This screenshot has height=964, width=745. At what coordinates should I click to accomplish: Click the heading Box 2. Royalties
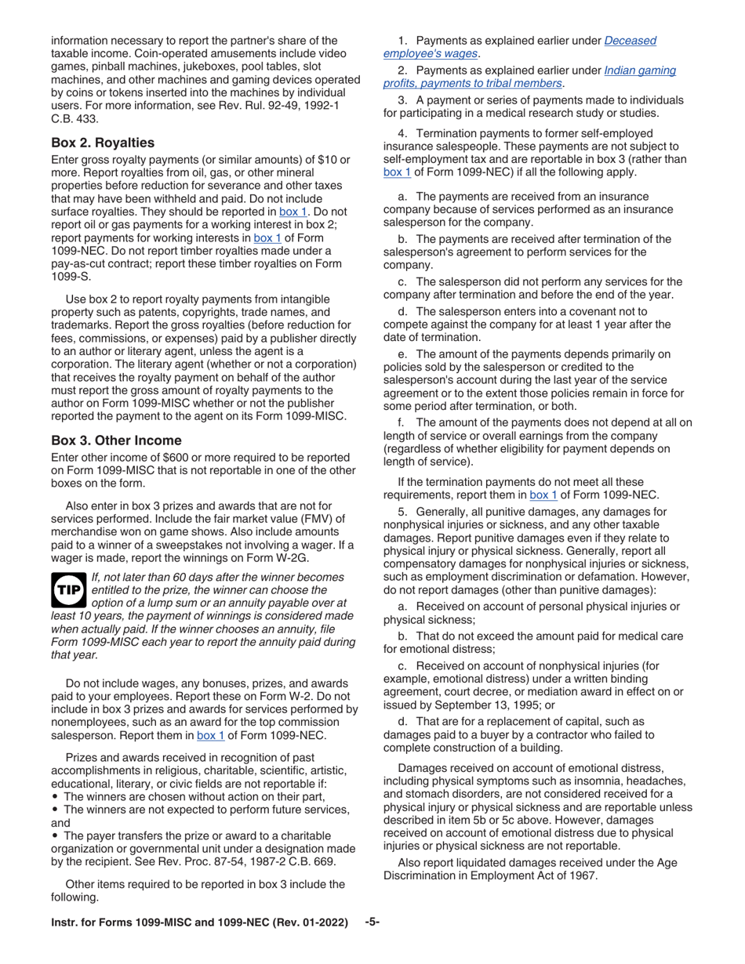pyautogui.click(x=103, y=143)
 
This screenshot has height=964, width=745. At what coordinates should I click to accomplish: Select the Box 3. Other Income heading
pyautogui.click(x=116, y=440)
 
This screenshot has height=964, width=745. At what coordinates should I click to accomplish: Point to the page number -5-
pyautogui.click(x=372, y=922)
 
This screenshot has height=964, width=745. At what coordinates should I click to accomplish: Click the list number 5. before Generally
pyautogui.click(x=403, y=512)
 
